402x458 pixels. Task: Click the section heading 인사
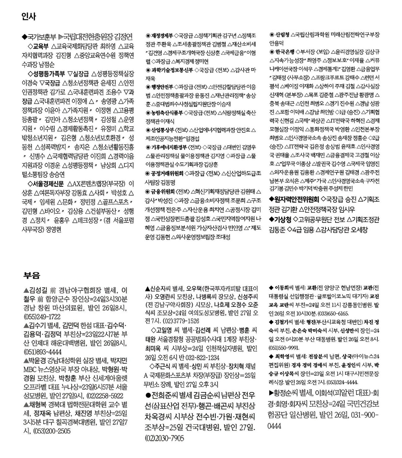coord(29,17)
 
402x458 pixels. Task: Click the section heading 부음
coord(32,275)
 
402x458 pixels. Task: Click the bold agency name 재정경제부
coord(162,35)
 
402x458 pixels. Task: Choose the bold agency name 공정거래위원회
coord(167,174)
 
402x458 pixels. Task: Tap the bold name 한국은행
coord(285,52)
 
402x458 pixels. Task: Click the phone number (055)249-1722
coord(42,317)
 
